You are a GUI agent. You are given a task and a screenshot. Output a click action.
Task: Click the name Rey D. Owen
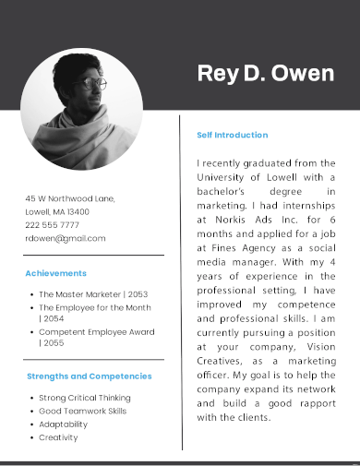coord(266,74)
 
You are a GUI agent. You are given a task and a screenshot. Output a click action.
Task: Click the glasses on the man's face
coord(92,84)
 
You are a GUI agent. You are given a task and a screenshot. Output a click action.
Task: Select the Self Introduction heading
coord(233,135)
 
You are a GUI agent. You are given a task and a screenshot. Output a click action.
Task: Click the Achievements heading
coord(56,273)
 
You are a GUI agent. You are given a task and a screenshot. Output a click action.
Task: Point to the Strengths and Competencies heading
coord(89,376)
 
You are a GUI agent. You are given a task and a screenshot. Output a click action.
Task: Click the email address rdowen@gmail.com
coord(66,238)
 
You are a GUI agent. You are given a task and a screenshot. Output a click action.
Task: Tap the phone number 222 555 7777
coord(53,224)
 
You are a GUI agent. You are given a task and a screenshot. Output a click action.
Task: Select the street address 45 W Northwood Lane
coord(70,198)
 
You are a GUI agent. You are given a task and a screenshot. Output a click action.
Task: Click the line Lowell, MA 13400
coord(57,211)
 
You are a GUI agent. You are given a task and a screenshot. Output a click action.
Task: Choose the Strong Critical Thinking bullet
coord(85,398)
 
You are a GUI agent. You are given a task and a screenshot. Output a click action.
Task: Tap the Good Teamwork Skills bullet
coord(83,411)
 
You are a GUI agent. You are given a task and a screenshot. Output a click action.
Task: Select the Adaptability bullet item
coord(65,424)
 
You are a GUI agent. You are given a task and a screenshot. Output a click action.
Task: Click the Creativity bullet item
coord(58,437)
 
